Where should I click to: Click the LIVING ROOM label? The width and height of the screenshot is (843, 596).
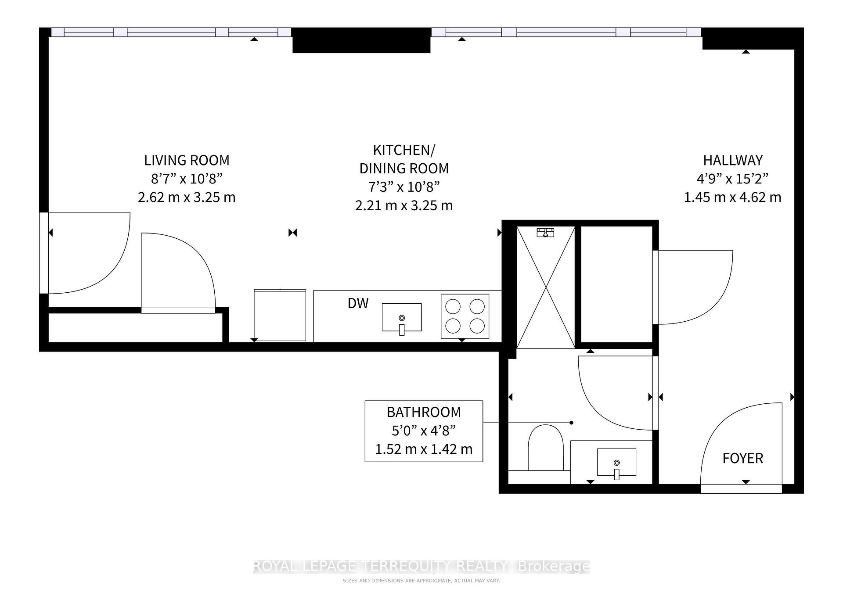click(187, 160)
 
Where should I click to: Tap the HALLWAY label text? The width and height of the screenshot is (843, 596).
click(732, 160)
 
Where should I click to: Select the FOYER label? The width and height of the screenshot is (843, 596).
click(742, 458)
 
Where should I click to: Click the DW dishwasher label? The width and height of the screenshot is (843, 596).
click(358, 303)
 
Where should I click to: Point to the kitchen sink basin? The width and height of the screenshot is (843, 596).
click(401, 317)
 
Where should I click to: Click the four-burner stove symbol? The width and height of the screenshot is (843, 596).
click(465, 316)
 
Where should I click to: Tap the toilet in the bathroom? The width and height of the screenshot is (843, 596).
click(545, 448)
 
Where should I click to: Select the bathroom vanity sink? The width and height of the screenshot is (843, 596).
click(616, 462)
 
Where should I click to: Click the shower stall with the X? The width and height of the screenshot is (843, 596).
click(546, 287)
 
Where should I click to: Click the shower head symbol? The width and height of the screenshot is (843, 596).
click(545, 233)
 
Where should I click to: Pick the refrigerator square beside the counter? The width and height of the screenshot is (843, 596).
click(280, 315)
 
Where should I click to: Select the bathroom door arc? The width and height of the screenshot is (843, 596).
click(615, 393)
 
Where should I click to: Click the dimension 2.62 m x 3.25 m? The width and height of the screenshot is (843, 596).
click(187, 197)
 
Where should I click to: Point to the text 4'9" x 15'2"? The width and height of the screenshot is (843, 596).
click(732, 179)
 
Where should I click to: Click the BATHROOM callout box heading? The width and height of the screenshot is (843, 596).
click(424, 412)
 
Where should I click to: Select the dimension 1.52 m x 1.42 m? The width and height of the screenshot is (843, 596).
click(424, 449)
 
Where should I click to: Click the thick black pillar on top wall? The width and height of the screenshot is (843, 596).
click(361, 40)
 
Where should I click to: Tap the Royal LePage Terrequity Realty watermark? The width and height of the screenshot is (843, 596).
click(421, 567)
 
